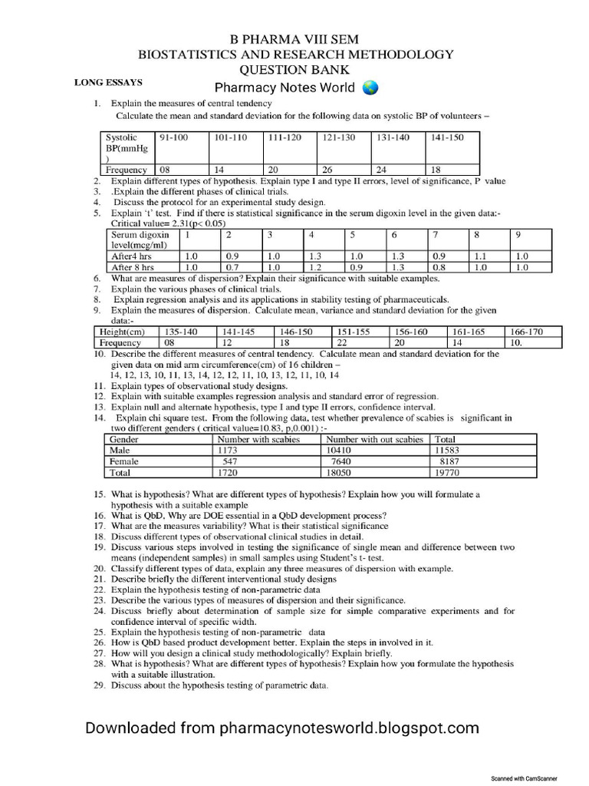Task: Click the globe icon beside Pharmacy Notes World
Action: point(370,88)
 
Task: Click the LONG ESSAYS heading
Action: point(108,81)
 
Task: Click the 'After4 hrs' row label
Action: point(133,256)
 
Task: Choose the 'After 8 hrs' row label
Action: point(134,267)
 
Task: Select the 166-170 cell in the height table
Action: point(526,332)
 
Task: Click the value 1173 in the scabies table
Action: point(229,451)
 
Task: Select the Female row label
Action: point(124,462)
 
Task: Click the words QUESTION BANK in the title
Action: point(294,69)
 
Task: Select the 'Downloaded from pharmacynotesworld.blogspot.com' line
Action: point(281,728)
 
